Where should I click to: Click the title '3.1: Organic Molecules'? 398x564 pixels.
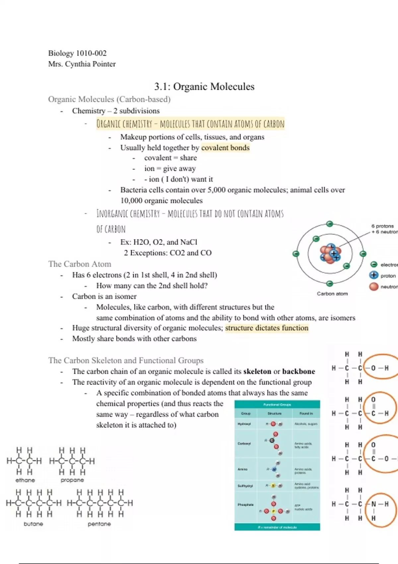pyautogui.click(x=204, y=87)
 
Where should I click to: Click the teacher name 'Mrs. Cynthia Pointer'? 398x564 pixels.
pyautogui.click(x=82, y=64)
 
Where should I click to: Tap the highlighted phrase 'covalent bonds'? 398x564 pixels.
pyautogui.click(x=225, y=148)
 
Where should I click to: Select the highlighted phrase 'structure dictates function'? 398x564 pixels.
pyautogui.click(x=267, y=328)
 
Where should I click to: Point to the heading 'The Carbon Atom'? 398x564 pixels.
pyautogui.click(x=80, y=264)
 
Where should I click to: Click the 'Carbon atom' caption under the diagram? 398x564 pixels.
pyautogui.click(x=332, y=294)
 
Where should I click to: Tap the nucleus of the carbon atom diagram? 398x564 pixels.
pyautogui.click(x=330, y=254)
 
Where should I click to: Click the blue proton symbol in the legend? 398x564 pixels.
pyautogui.click(x=374, y=275)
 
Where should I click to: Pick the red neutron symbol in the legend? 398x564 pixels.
pyautogui.click(x=374, y=286)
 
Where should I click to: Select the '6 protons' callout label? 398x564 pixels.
pyautogui.click(x=382, y=226)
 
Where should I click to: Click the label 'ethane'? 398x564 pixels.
pyautogui.click(x=25, y=480)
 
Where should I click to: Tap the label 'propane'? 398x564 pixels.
pyautogui.click(x=72, y=480)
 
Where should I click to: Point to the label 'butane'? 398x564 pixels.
pyautogui.click(x=33, y=524)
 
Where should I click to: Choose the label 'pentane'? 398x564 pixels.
pyautogui.click(x=99, y=524)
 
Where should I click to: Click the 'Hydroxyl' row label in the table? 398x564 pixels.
pyautogui.click(x=244, y=424)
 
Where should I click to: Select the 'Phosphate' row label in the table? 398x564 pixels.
pyautogui.click(x=245, y=505)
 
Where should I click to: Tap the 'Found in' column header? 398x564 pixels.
pyautogui.click(x=306, y=413)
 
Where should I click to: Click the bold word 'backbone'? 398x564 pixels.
pyautogui.click(x=298, y=371)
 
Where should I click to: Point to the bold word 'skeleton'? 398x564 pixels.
pyautogui.click(x=257, y=371)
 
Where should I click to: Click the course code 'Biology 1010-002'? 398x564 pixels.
pyautogui.click(x=77, y=53)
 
